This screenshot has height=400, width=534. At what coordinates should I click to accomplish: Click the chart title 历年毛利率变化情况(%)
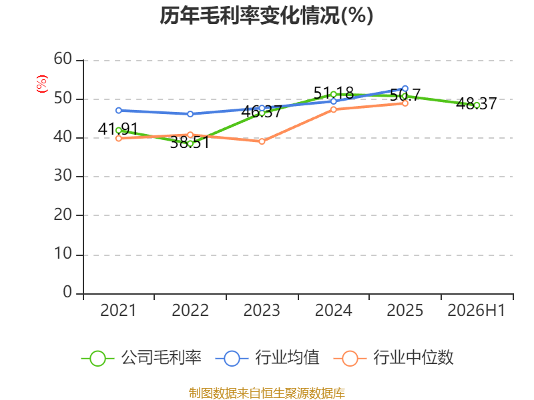pyautogui.click(x=266, y=15)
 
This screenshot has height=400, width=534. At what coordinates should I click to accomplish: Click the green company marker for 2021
pyautogui.click(x=119, y=131)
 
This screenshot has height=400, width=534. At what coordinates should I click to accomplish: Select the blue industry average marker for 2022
pyautogui.click(x=190, y=114)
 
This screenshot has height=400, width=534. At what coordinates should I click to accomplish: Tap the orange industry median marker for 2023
pyautogui.click(x=262, y=141)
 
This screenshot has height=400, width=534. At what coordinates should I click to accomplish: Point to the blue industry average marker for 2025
pyautogui.click(x=405, y=89)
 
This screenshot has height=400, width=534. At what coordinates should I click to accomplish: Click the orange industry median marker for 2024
pyautogui.click(x=333, y=109)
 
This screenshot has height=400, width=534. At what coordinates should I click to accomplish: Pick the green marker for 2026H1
pyautogui.click(x=477, y=105)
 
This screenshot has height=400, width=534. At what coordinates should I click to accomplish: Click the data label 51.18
pyautogui.click(x=333, y=93)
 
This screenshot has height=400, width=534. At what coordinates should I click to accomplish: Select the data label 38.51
pyautogui.click(x=190, y=142)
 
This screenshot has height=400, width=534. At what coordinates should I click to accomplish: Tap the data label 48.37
pyautogui.click(x=477, y=104)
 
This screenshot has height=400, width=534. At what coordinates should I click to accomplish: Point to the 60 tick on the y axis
pyautogui.click(x=63, y=59)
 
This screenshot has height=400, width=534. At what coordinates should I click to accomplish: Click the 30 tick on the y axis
pyautogui.click(x=63, y=176)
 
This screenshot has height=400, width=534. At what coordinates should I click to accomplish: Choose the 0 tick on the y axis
pyautogui.click(x=67, y=292)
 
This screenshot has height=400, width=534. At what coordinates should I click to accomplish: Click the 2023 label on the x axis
pyautogui.click(x=262, y=311)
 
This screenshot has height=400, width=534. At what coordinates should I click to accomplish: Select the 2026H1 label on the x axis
pyautogui.click(x=476, y=311)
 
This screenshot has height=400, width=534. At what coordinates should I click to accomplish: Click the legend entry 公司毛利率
pyautogui.click(x=142, y=358)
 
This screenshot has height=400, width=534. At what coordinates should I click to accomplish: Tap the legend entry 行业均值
pyautogui.click(x=268, y=358)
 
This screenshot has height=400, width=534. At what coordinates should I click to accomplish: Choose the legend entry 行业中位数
pyautogui.click(x=393, y=358)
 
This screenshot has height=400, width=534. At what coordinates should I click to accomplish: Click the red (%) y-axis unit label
pyautogui.click(x=42, y=84)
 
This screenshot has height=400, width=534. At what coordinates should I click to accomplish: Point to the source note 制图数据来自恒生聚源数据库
pyautogui.click(x=266, y=393)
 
